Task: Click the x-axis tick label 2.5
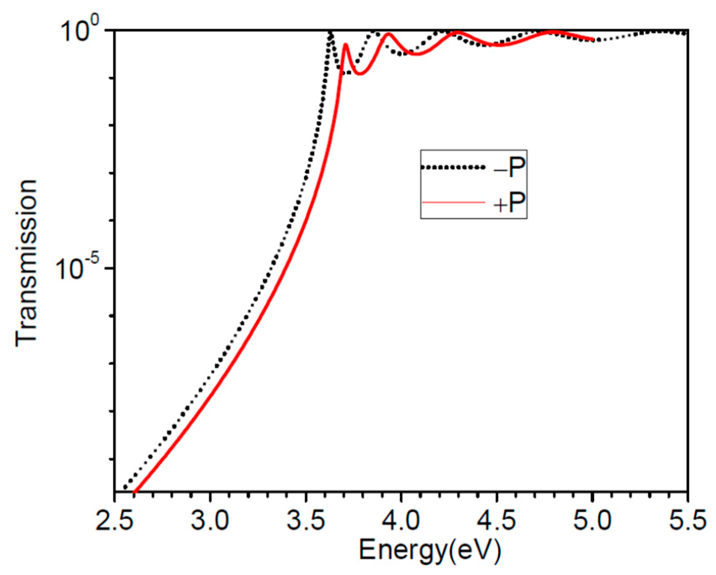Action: (115, 520)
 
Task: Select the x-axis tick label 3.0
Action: (210, 520)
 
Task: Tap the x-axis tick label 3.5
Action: (306, 520)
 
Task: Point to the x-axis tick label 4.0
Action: (401, 520)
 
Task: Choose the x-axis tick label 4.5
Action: (497, 520)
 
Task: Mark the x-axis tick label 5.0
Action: (592, 520)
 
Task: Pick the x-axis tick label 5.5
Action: (687, 520)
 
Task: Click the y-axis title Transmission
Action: (26, 263)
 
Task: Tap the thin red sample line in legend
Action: (453, 203)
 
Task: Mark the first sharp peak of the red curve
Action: (346, 45)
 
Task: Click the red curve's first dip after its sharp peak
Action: (360, 74)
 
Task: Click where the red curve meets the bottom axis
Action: (135, 490)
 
